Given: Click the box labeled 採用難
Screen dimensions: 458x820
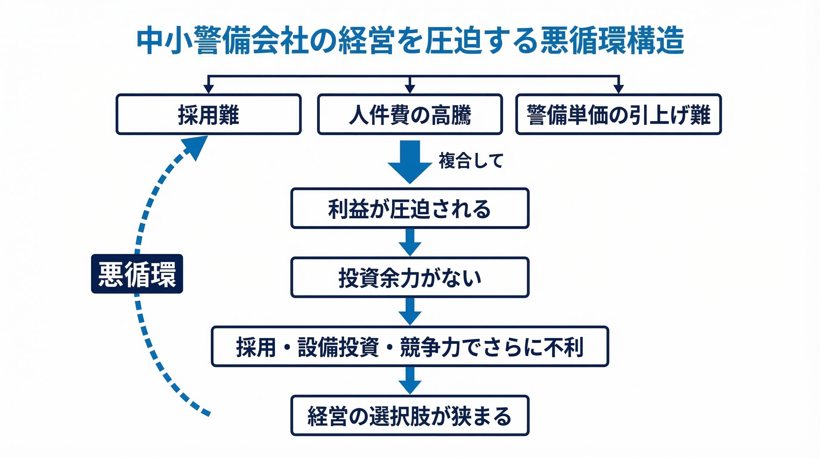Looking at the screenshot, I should tap(209, 114).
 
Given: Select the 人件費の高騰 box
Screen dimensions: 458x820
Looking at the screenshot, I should tap(410, 114).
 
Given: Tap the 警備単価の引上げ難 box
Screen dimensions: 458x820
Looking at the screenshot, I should tap(618, 114).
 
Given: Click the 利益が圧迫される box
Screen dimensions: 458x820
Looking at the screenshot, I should tap(410, 208).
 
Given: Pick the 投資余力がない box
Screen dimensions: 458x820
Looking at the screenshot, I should tap(410, 277).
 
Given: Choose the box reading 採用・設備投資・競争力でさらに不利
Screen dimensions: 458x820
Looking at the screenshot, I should tap(410, 346).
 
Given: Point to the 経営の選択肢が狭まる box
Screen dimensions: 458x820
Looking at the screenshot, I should tap(410, 416).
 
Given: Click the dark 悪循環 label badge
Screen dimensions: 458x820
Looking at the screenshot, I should tap(137, 274).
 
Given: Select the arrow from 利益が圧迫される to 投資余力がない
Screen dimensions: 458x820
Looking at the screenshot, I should tap(410, 243).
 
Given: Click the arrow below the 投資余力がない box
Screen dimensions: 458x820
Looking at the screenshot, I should tap(410, 312).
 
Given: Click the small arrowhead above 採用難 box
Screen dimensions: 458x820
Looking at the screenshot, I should tap(209, 89).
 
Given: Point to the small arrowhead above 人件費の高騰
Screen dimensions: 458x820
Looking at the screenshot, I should tap(410, 89).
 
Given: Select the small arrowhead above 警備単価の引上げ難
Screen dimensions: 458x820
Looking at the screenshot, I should tap(619, 89).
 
